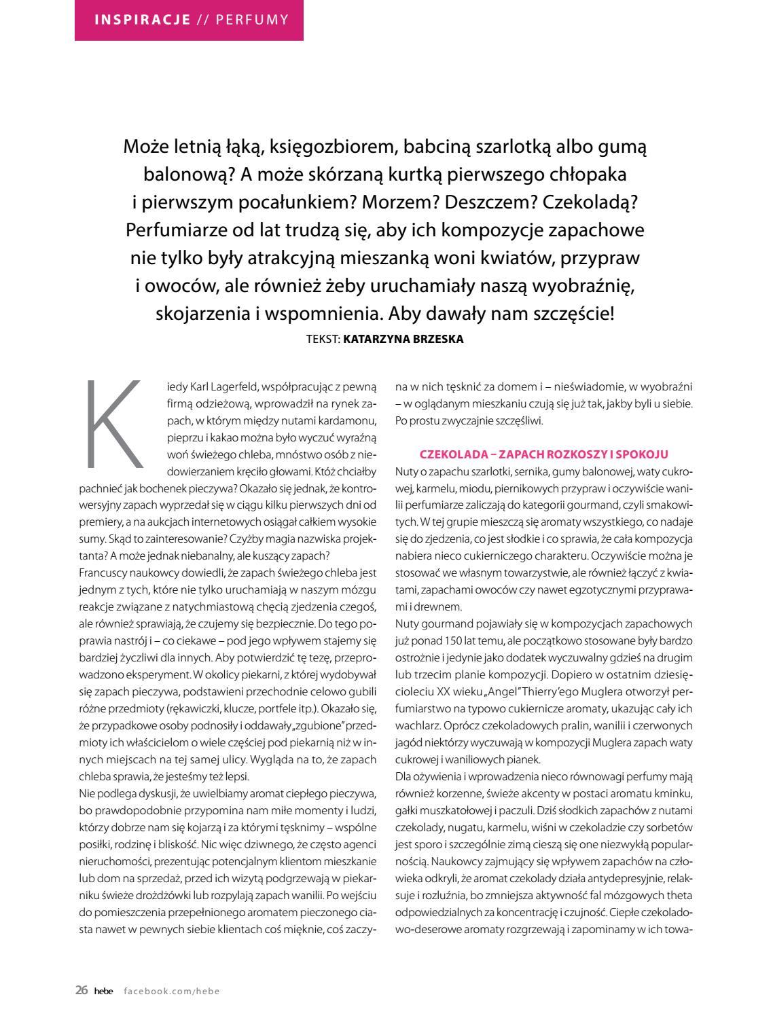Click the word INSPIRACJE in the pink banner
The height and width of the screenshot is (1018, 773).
point(142,19)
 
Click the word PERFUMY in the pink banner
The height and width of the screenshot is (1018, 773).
point(252,19)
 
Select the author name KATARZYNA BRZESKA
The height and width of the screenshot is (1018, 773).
point(403,340)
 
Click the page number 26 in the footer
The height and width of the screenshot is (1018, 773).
point(82,990)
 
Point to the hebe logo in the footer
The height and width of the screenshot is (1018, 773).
point(105,991)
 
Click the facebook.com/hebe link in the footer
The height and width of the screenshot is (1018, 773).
point(172,991)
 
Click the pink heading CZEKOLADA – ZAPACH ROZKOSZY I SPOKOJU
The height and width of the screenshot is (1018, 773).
point(544,454)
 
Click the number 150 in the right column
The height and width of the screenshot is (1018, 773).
point(461,640)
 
